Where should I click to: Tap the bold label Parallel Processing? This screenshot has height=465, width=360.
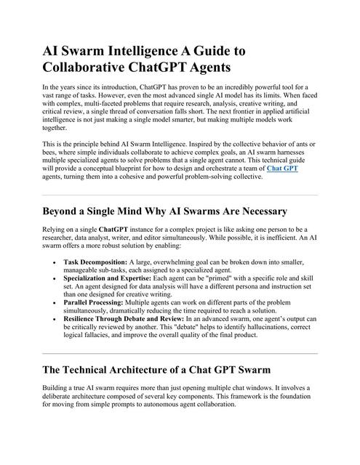click(x=94, y=303)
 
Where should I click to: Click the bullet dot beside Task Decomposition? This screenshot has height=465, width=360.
click(x=55, y=261)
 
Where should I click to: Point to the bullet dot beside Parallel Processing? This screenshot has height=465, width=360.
click(x=55, y=303)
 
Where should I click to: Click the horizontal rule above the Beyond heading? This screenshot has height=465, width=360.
click(x=180, y=195)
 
